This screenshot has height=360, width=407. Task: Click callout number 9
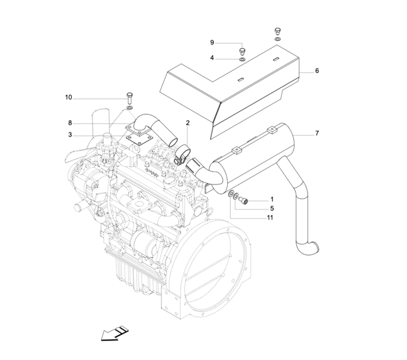point(213,42)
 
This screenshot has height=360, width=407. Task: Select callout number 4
point(213,58)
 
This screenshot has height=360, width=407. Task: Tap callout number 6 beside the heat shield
point(317,71)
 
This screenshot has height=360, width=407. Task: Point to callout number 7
point(317,133)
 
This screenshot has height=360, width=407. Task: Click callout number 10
point(69,97)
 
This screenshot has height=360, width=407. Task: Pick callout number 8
point(70,122)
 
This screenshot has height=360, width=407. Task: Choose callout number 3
point(70,134)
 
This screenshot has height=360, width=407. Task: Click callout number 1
point(272,200)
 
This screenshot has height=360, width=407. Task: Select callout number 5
point(272,208)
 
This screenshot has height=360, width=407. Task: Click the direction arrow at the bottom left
point(113,332)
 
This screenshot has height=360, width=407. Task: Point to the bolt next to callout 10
point(129,98)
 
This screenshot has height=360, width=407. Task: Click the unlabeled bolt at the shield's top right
point(277,31)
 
